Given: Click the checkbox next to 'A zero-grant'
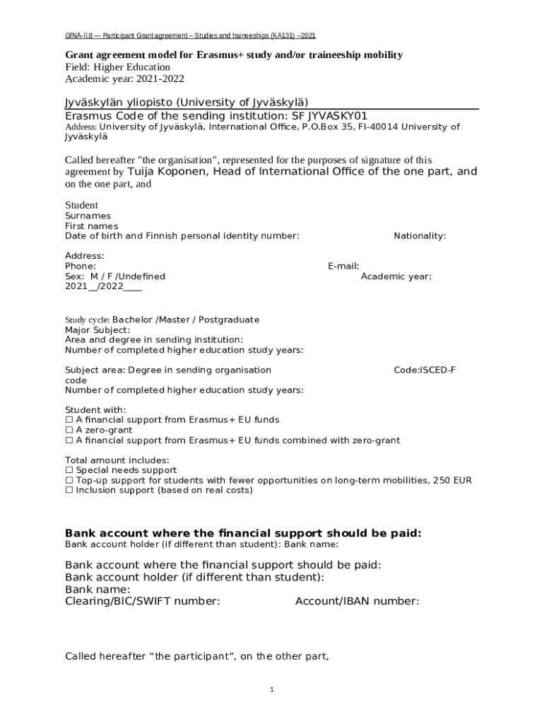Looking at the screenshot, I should [69, 430].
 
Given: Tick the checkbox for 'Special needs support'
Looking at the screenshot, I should [69, 470].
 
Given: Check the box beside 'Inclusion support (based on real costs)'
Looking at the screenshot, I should [69, 490].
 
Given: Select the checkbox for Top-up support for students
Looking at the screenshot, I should [69, 480].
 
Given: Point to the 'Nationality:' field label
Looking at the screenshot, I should [420, 235].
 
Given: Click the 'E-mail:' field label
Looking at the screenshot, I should [343, 266].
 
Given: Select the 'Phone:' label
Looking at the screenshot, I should [81, 266].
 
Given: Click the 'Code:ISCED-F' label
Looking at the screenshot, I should [424, 370].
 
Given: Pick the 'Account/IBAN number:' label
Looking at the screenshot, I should [357, 602].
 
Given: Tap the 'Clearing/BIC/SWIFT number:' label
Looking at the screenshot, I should [142, 602].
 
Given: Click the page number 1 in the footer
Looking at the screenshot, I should [271, 690].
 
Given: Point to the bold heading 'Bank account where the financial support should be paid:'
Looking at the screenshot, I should [243, 533].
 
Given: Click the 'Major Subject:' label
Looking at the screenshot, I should [97, 329].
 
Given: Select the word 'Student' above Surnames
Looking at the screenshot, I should [81, 205].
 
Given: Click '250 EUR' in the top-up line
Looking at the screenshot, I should [453, 480].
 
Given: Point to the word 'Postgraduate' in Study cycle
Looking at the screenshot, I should [229, 320].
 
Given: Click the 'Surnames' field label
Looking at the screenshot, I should [88, 216].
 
